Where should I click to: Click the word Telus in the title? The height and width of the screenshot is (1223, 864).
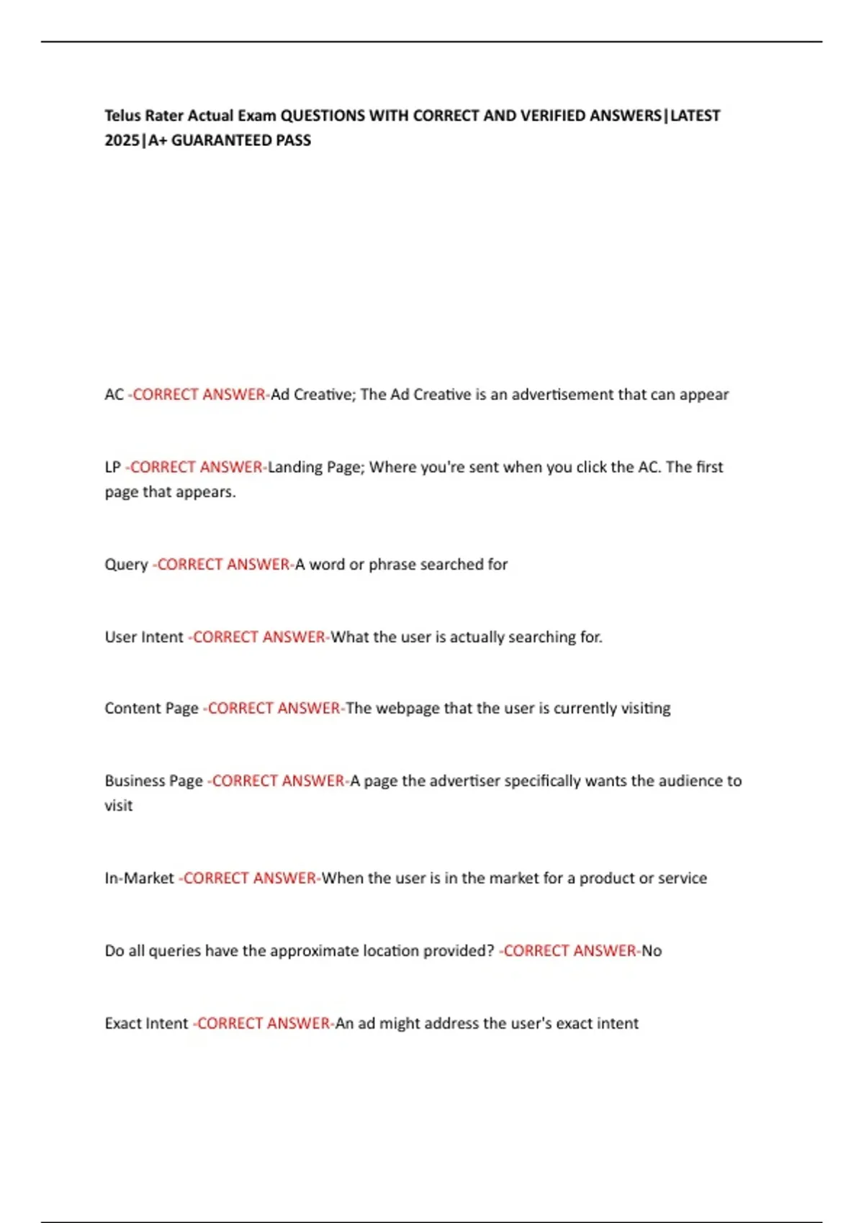(x=122, y=115)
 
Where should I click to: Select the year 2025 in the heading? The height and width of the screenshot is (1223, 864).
(x=122, y=140)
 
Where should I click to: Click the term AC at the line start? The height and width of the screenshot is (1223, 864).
(x=114, y=394)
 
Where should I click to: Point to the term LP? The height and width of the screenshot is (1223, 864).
(x=112, y=467)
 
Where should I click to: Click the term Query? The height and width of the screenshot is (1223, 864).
(x=126, y=565)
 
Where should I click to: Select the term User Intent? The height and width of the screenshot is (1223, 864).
(x=144, y=637)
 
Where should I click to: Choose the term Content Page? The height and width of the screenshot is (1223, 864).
(x=151, y=709)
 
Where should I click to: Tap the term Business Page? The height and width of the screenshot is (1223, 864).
(x=153, y=781)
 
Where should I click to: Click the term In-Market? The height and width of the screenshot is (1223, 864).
(x=139, y=878)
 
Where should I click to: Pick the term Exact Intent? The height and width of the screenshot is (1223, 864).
(x=146, y=1023)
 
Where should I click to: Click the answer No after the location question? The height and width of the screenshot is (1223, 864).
(x=652, y=950)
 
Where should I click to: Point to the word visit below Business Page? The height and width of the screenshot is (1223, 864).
(x=118, y=806)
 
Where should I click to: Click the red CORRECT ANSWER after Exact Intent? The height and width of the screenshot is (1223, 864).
(x=264, y=1023)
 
